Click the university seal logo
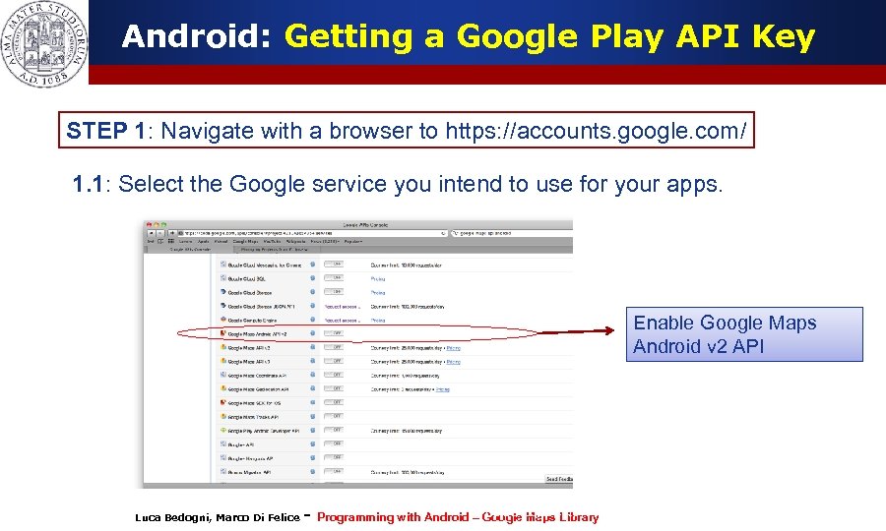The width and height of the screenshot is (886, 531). coord(43,43)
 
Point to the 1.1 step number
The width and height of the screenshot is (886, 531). coord(92,184)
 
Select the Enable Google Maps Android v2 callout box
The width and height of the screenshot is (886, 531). coord(743,334)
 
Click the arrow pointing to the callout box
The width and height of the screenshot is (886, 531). coord(581,332)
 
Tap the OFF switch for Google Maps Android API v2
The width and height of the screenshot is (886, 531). coord(337,333)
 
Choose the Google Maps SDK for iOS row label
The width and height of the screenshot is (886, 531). coord(254,403)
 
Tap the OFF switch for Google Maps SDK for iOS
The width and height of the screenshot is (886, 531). coord(337,402)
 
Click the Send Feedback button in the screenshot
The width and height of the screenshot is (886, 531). coord(558,480)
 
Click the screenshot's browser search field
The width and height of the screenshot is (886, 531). coord(512,233)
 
